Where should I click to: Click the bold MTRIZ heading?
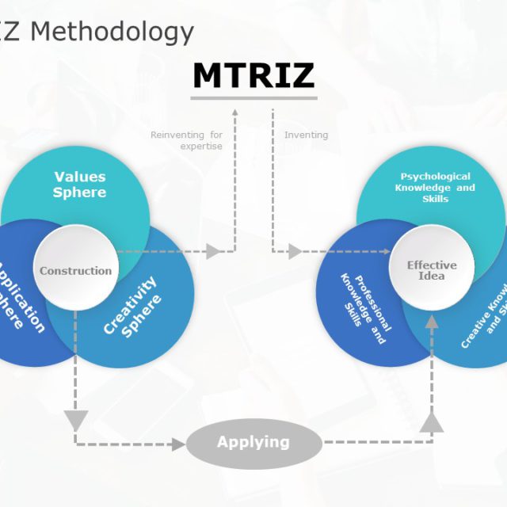coord(253,75)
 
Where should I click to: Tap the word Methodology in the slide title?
coord(112,32)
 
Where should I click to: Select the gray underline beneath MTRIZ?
coord(253,98)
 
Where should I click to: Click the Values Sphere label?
coord(79,184)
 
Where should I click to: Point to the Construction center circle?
coord(76,271)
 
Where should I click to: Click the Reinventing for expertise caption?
coord(187,140)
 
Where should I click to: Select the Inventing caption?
coord(306,135)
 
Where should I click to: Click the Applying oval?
coord(253,443)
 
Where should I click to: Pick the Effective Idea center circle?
coord(432,270)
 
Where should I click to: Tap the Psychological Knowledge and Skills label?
coord(435,188)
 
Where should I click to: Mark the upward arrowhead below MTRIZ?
coord(234,113)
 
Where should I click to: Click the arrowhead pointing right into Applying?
coord(179,444)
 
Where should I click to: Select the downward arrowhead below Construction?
coord(75,419)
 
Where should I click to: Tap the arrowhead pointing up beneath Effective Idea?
coord(432,322)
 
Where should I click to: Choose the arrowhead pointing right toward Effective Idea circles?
coord(295,252)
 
